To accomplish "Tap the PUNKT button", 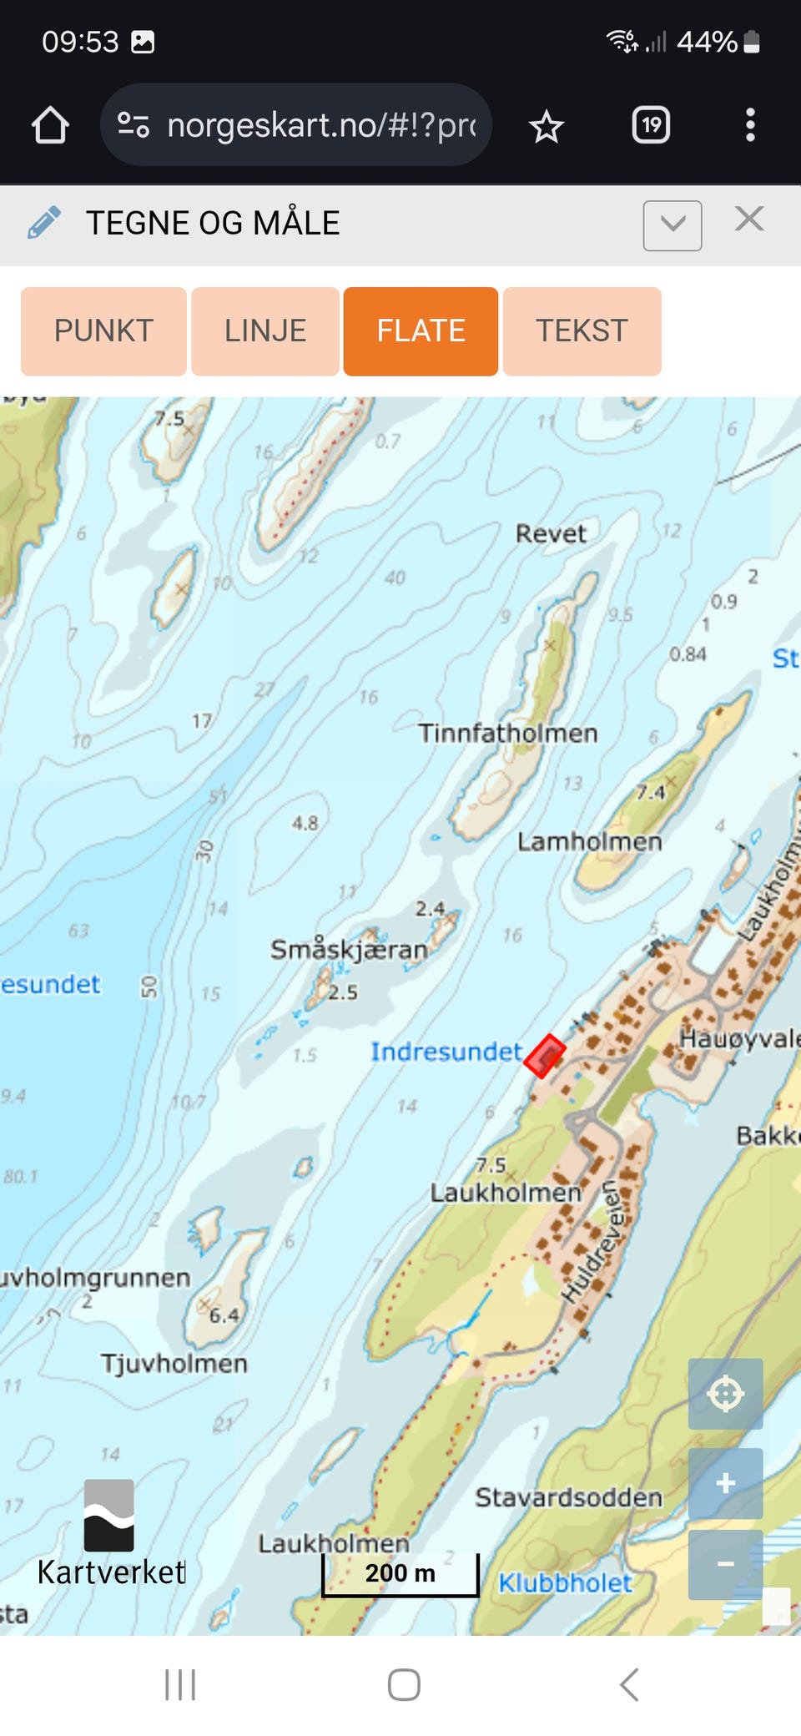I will pyautogui.click(x=103, y=331).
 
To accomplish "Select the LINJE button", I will pyautogui.click(x=265, y=331).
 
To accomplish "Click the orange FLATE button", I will pyautogui.click(x=421, y=331).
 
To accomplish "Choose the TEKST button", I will pyautogui.click(x=582, y=331).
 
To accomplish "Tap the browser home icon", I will pyautogui.click(x=50, y=125).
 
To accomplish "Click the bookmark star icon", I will pyautogui.click(x=547, y=127).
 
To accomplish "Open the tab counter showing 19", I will pyautogui.click(x=651, y=125).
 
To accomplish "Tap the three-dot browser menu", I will pyautogui.click(x=750, y=125).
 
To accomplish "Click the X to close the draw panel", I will pyautogui.click(x=748, y=220).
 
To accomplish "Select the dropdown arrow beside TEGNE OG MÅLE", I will pyautogui.click(x=672, y=225).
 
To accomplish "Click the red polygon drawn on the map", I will pyautogui.click(x=545, y=1056).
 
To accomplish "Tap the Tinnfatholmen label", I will pyautogui.click(x=507, y=733).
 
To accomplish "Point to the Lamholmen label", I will pyautogui.click(x=589, y=841).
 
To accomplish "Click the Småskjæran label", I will pyautogui.click(x=349, y=949).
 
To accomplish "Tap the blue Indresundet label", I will pyautogui.click(x=446, y=1052).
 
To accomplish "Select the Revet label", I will pyautogui.click(x=551, y=533).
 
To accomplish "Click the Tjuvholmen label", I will pyautogui.click(x=174, y=1363).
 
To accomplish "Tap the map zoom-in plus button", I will pyautogui.click(x=725, y=1482).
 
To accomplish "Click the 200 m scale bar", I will pyautogui.click(x=400, y=1574).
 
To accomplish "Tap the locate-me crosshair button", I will pyautogui.click(x=725, y=1393).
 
